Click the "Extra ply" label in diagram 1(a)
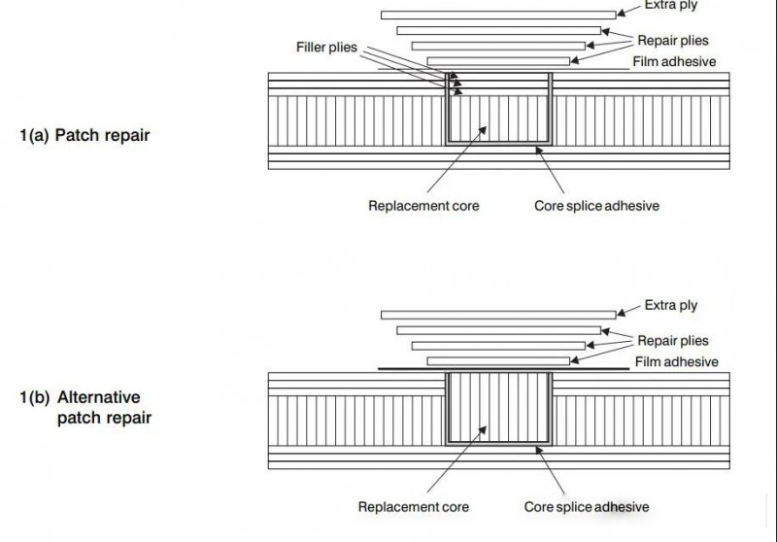click(669, 6)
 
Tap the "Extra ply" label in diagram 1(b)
click(671, 306)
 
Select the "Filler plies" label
click(334, 48)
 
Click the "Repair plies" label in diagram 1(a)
click(673, 41)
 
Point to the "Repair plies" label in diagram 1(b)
click(673, 341)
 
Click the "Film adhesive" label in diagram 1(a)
click(676, 62)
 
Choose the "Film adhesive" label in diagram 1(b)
click(677, 362)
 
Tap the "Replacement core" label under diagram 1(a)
click(423, 206)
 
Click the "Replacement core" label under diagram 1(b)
click(414, 507)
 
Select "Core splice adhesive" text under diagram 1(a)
click(597, 206)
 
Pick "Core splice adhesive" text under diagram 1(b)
click(587, 507)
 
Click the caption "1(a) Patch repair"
click(84, 135)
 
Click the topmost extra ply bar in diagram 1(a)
click(498, 15)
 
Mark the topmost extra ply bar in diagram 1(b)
click(498, 315)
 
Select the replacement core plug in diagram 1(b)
click(498, 408)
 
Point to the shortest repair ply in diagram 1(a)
click(498, 61)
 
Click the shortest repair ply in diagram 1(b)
click(498, 361)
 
